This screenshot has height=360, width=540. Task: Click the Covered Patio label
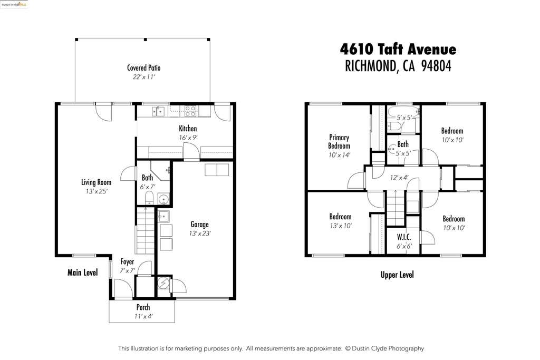[x=143, y=68]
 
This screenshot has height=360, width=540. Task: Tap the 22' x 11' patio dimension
[x=143, y=77]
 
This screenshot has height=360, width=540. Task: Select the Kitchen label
[x=188, y=129]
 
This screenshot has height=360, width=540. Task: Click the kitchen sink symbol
[x=158, y=112]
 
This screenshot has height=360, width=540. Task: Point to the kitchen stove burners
[x=190, y=111]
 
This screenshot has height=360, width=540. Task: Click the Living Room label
[x=96, y=182]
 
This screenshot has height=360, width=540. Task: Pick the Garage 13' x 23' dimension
[x=200, y=233]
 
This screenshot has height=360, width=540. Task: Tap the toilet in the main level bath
[x=149, y=198]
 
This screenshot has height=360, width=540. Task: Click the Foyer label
[x=127, y=261]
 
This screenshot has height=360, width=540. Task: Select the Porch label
[x=143, y=307]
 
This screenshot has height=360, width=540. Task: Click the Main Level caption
[x=83, y=273]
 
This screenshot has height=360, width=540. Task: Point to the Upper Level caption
[x=397, y=275]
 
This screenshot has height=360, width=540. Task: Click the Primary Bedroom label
[x=339, y=141]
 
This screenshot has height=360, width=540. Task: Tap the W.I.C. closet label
[x=403, y=237]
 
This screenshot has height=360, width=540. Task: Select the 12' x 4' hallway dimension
[x=399, y=178]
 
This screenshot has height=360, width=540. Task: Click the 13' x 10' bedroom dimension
[x=341, y=226]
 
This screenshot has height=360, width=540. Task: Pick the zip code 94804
[x=436, y=66]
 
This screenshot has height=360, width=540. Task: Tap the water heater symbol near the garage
[x=163, y=283]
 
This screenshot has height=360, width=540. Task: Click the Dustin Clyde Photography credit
[x=384, y=348]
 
